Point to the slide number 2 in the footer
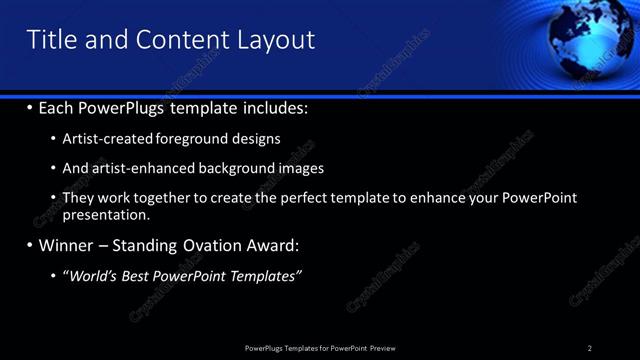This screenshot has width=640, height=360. (x=590, y=348)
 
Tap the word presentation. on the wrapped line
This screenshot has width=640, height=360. (x=106, y=214)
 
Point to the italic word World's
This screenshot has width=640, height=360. (x=91, y=275)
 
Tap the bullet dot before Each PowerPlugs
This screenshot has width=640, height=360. (x=29, y=107)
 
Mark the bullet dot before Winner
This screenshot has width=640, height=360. (x=29, y=245)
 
